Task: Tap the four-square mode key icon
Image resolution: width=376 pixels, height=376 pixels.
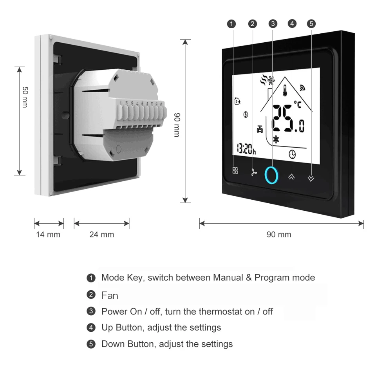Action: pyautogui.click(x=235, y=171)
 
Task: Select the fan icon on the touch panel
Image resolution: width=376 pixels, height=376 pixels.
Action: pyautogui.click(x=254, y=172)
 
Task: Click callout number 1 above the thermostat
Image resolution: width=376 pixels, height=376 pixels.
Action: pyautogui.click(x=232, y=24)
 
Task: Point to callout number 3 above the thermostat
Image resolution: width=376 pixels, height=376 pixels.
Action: pyautogui.click(x=273, y=24)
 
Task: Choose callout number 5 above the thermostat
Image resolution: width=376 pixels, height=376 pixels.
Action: pyautogui.click(x=311, y=24)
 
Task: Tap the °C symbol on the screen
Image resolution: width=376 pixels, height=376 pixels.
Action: pyautogui.click(x=298, y=105)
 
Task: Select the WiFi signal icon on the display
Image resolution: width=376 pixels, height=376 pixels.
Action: pyautogui.click(x=302, y=88)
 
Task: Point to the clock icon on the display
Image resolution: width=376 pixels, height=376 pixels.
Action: pyautogui.click(x=292, y=154)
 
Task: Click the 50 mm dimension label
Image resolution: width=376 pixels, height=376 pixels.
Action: pyautogui.click(x=25, y=97)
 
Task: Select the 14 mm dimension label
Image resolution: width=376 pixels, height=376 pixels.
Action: pyautogui.click(x=48, y=235)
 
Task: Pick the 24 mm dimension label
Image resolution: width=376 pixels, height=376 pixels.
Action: pyautogui.click(x=101, y=235)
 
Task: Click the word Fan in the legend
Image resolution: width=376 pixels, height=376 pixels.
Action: pyautogui.click(x=110, y=295)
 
